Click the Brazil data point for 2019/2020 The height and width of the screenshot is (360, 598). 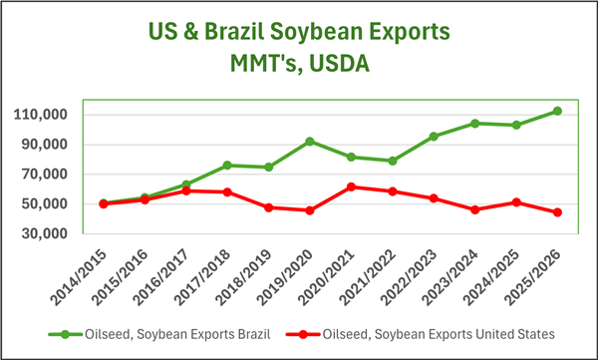(x=310, y=142)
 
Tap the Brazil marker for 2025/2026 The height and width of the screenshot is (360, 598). (x=557, y=111)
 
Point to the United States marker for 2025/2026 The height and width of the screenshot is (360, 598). (x=557, y=212)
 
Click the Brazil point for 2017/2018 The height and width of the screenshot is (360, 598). (x=227, y=166)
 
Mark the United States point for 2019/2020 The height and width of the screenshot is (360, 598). (x=310, y=210)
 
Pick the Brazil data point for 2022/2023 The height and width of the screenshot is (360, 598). (x=434, y=137)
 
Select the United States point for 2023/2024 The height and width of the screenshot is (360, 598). (x=474, y=209)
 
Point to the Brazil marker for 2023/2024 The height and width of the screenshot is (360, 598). (x=474, y=124)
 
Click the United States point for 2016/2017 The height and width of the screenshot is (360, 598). (x=186, y=190)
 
